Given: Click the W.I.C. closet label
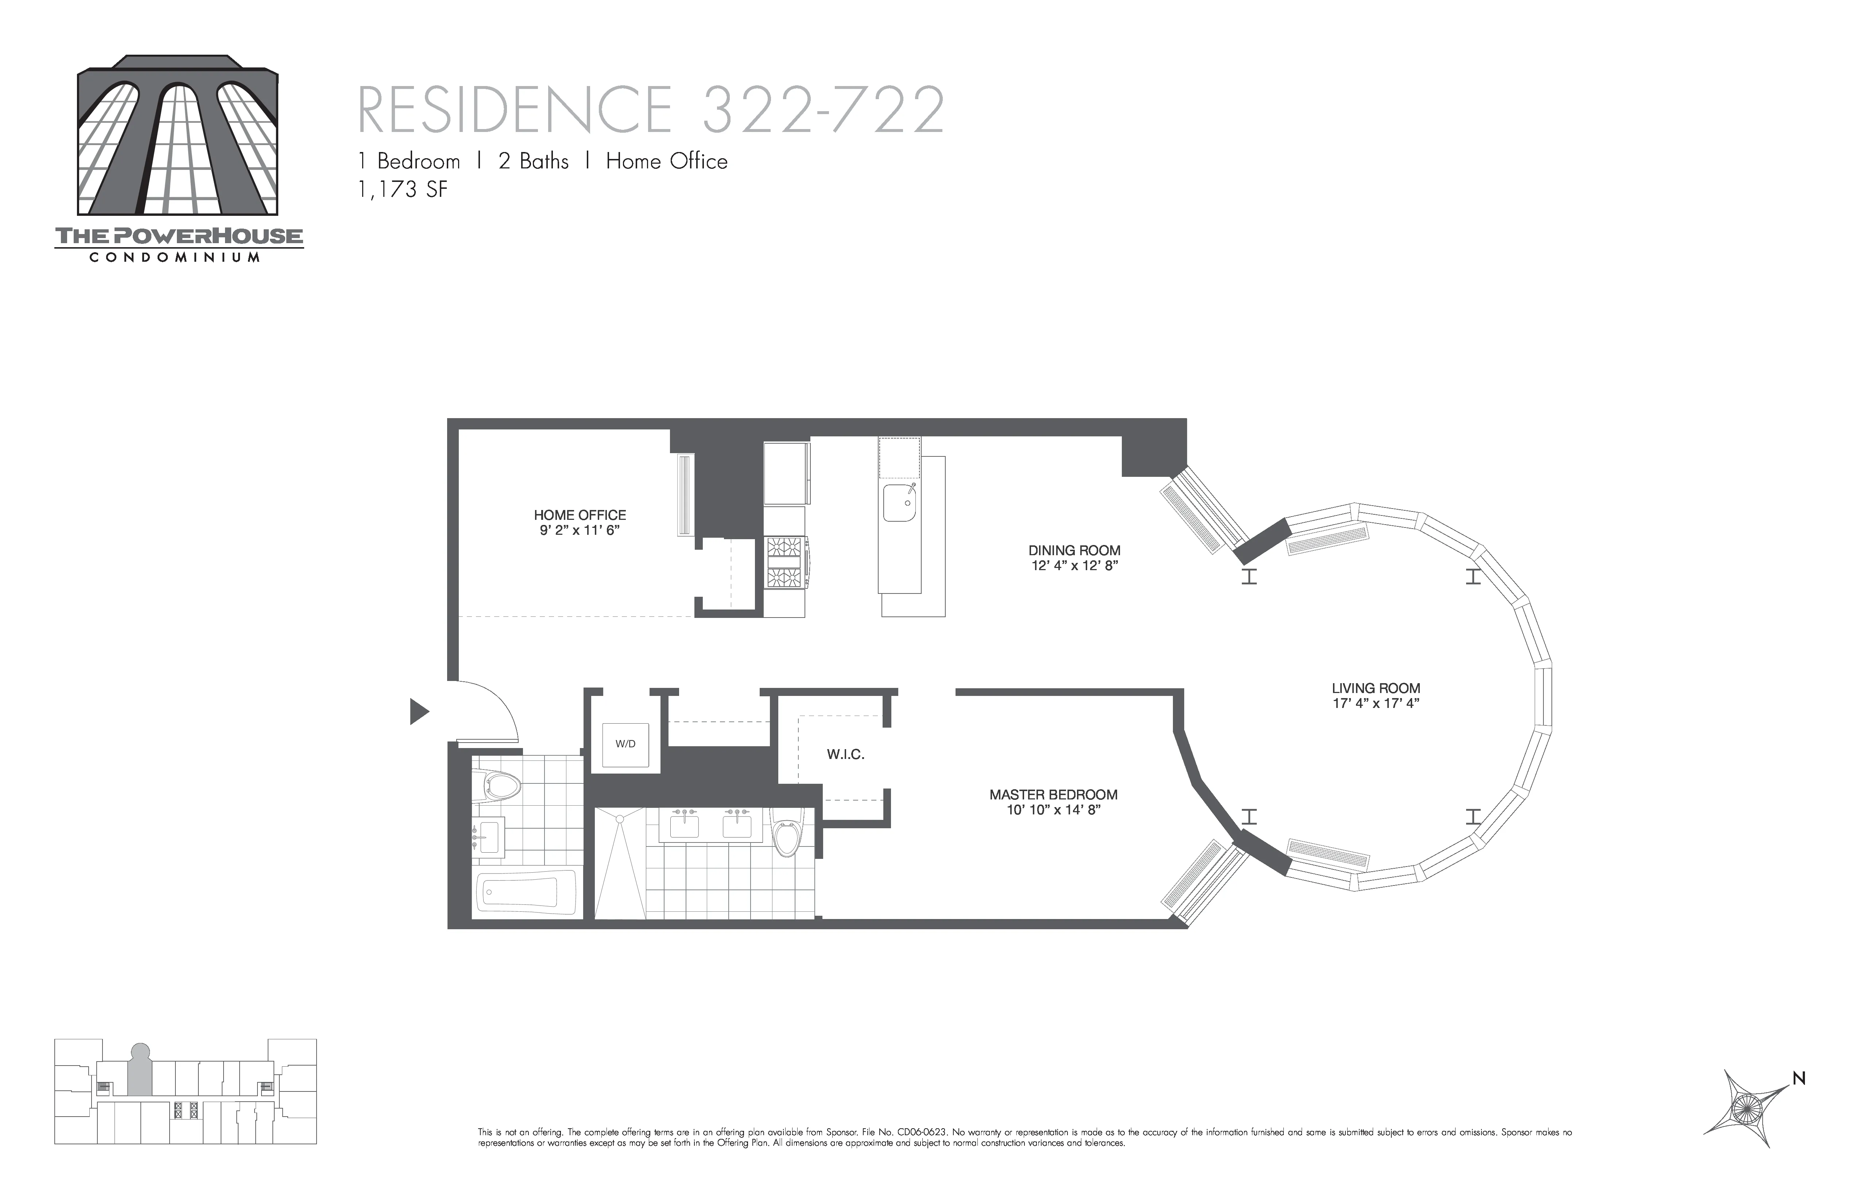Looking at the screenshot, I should pos(845,755).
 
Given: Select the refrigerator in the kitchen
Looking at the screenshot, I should pos(786,474).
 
